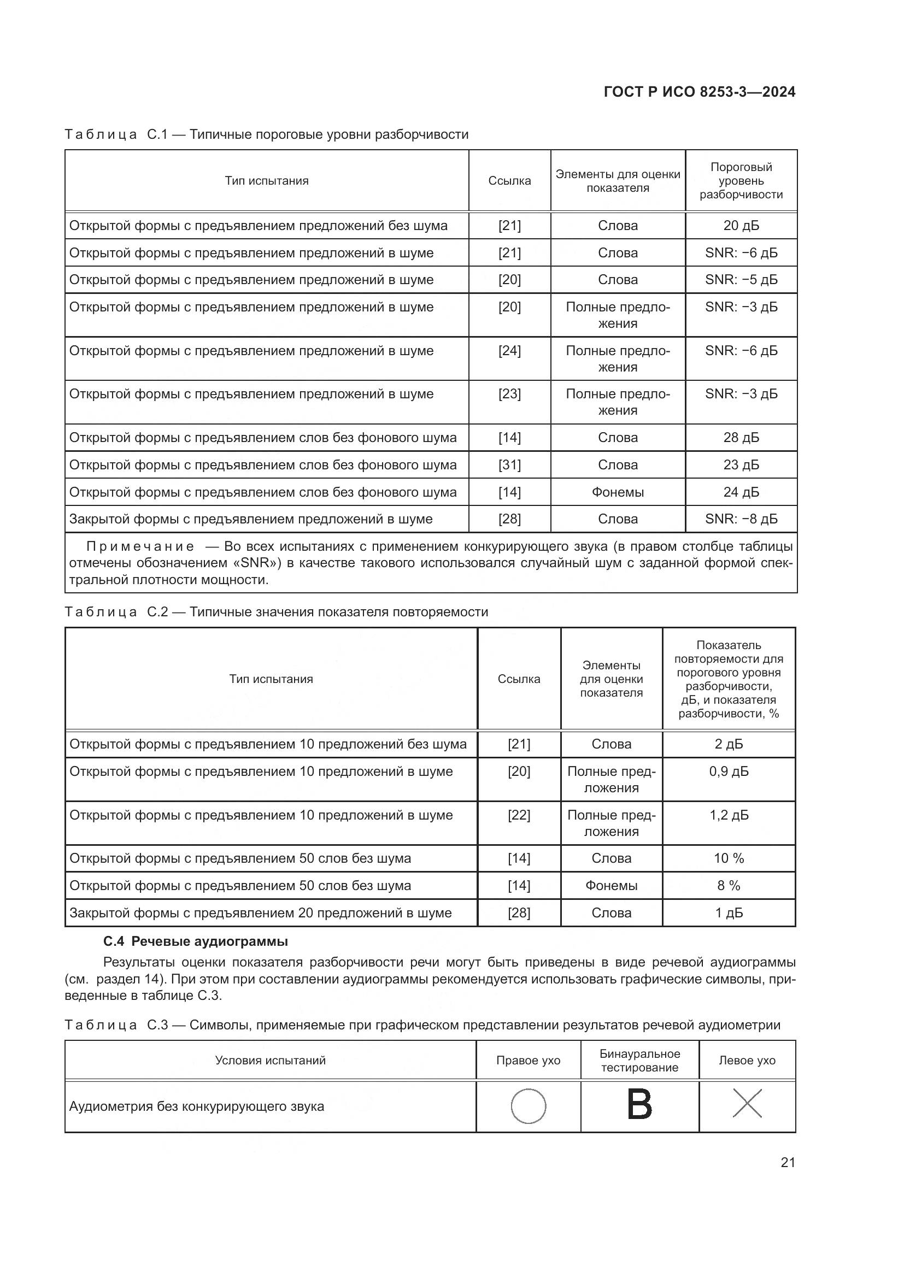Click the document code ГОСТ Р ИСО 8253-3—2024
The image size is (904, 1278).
click(x=699, y=92)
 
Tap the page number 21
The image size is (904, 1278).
click(x=788, y=1162)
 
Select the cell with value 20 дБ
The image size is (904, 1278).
click(x=741, y=226)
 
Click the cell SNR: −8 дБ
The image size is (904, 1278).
click(x=741, y=519)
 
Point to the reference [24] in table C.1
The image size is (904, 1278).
click(x=509, y=351)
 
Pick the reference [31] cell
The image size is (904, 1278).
click(x=509, y=465)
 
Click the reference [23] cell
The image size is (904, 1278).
click(x=509, y=394)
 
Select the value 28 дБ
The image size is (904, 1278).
click(x=741, y=438)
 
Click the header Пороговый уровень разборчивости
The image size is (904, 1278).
click(x=741, y=180)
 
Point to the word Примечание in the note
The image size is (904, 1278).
click(x=140, y=546)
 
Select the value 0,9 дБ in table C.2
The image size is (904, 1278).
click(x=729, y=771)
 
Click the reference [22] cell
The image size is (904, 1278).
click(x=519, y=815)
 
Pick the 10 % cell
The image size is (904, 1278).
click(x=729, y=858)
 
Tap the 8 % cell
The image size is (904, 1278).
click(x=729, y=886)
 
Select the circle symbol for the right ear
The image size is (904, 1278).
click(x=529, y=1106)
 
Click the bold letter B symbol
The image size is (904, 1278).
click(x=639, y=1105)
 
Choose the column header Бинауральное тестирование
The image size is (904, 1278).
click(x=639, y=1061)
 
